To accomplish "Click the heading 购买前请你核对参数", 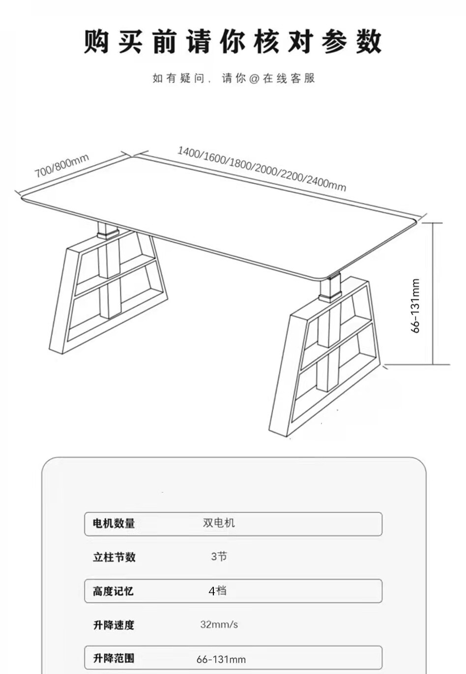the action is coord(233,41).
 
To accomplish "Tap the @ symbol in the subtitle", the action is coord(254,79).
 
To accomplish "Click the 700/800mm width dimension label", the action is coord(61,166).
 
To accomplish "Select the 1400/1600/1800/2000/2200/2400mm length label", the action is coord(262,168).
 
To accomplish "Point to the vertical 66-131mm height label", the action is coord(415,306).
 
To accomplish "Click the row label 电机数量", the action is coord(114,523).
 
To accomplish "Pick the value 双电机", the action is coord(219,523).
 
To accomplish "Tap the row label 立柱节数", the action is coord(114,557).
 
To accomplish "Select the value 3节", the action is coord(219,557).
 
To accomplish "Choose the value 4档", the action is coord(217,590).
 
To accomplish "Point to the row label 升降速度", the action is coord(114,625).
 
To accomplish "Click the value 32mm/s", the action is coord(219,624).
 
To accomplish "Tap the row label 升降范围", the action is coord(114,658).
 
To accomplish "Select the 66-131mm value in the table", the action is coord(221,659).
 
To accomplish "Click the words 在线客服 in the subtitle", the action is coord(289,79).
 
